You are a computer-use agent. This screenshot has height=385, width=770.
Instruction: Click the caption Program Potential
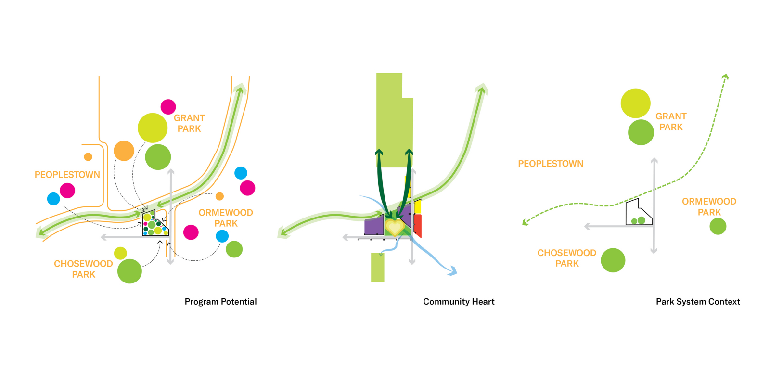(x=220, y=302)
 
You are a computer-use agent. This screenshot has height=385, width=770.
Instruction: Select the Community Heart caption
(x=459, y=302)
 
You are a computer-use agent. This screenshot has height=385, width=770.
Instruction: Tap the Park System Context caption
(x=698, y=302)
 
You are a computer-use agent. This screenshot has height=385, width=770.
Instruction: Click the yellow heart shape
(x=394, y=227)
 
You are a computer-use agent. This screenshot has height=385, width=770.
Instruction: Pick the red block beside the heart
(x=418, y=225)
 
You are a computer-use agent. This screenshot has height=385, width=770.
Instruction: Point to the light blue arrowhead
(x=452, y=272)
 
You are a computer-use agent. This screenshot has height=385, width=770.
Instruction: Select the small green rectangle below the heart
(x=378, y=267)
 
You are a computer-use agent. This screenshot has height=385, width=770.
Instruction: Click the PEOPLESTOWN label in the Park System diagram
(x=551, y=164)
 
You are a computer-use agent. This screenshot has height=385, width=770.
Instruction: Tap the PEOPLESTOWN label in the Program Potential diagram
(x=67, y=175)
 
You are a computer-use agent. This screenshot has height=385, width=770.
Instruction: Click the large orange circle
(x=124, y=151)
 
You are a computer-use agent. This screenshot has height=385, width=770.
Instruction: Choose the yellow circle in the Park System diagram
(x=635, y=103)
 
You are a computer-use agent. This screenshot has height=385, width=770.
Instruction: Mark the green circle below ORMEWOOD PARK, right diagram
(x=718, y=226)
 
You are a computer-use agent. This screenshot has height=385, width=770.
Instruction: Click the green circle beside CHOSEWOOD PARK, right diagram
(x=613, y=260)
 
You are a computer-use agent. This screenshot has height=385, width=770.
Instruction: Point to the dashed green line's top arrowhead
(x=725, y=77)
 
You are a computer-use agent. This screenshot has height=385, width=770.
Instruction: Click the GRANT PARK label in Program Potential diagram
(x=189, y=123)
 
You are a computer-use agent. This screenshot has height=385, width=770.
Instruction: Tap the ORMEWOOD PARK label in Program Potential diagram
(x=226, y=218)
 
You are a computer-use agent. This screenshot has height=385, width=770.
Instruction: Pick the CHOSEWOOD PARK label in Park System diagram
(x=567, y=258)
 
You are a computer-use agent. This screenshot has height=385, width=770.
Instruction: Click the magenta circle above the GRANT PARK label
(x=168, y=106)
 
